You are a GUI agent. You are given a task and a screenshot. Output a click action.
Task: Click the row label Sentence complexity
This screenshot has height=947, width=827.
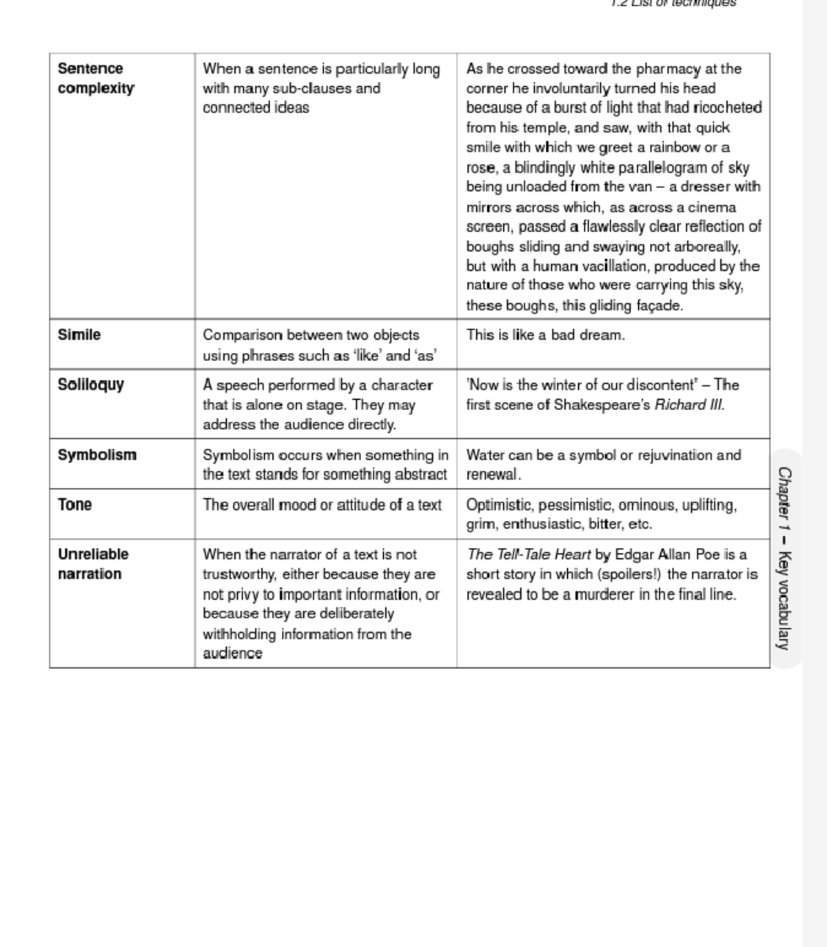click(96, 79)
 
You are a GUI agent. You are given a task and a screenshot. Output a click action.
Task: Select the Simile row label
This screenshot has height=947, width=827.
click(79, 335)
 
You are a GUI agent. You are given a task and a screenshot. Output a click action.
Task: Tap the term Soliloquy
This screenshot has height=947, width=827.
click(91, 385)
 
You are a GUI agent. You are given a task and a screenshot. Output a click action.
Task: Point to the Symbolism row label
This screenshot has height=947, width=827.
click(97, 455)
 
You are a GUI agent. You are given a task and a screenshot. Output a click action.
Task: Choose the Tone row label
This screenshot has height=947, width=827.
click(75, 505)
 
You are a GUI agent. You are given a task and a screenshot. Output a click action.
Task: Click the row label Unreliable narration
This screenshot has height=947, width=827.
click(93, 564)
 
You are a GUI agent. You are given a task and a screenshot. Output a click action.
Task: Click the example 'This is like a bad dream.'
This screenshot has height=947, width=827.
click(545, 335)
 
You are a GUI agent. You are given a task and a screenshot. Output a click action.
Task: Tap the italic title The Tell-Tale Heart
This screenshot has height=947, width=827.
click(529, 554)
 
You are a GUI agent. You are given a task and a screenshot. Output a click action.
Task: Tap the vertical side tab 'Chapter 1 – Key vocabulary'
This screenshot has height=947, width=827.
click(784, 558)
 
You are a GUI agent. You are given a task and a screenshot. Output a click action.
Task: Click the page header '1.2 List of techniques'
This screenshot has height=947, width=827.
click(673, 3)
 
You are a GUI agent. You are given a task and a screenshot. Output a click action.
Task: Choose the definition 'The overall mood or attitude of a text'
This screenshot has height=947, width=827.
click(322, 505)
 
